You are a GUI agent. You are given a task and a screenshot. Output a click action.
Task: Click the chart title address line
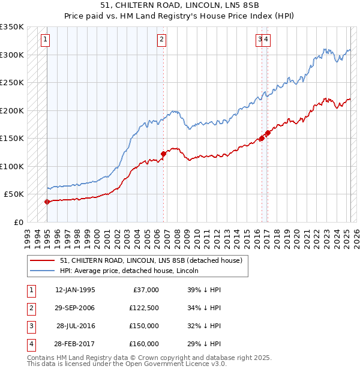180,5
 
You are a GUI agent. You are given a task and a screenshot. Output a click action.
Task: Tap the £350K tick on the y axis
12,27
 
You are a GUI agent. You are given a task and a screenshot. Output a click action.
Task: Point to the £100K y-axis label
12,166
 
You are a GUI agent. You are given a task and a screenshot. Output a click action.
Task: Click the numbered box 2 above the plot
162,40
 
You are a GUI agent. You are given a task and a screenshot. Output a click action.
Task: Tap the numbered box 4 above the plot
266,40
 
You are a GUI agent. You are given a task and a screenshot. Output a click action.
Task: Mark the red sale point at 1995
47,202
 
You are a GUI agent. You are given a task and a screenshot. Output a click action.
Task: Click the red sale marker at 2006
163,154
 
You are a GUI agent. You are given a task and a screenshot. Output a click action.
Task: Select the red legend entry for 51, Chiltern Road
151,260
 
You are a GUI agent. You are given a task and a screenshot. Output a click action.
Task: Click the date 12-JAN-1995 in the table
75,290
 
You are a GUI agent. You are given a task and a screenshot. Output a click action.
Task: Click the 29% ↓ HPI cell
204,344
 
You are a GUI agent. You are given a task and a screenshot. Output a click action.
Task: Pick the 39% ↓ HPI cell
204,290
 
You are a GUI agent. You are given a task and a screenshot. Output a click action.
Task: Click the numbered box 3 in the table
31,326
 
